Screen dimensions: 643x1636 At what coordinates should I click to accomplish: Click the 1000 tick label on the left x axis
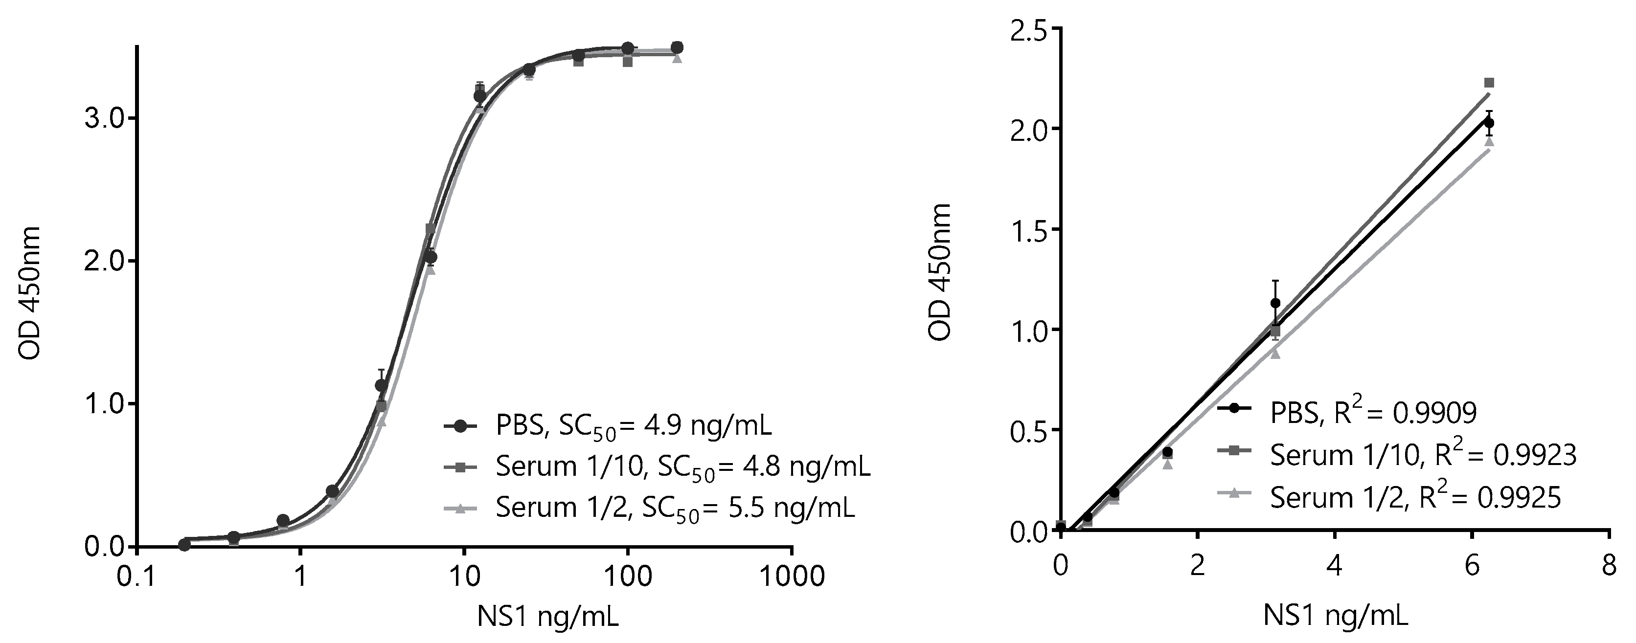pos(791,576)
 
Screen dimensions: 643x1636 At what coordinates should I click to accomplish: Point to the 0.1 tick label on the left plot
pos(138,576)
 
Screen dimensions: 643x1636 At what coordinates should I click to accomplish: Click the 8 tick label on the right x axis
pos(1609,564)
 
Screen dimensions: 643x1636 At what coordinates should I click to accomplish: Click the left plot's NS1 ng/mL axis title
pos(547,616)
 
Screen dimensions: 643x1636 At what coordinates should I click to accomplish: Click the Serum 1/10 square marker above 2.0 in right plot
pos(1489,83)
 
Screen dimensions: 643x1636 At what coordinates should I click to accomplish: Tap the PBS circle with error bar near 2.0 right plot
pos(1489,123)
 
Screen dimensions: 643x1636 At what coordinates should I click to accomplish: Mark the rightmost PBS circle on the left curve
pos(677,47)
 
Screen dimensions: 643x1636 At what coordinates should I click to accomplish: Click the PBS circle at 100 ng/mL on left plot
pos(628,48)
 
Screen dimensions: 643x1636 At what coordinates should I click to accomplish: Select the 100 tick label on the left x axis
pos(628,576)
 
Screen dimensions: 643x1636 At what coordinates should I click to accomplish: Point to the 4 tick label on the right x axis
pos(1334,564)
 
